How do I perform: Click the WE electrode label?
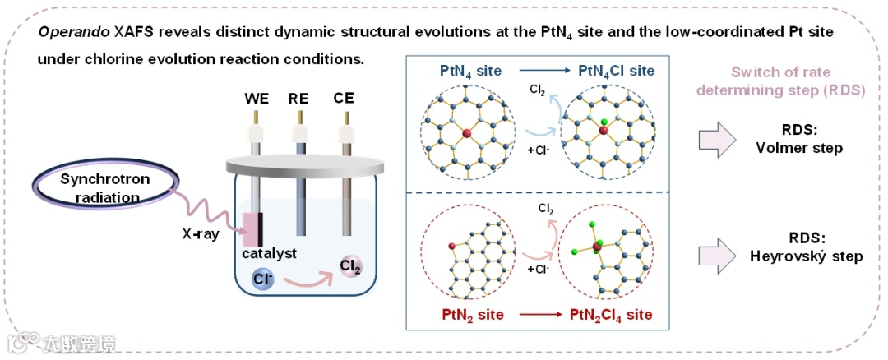click(x=257, y=99)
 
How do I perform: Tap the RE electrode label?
click(x=298, y=99)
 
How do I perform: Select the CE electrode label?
click(x=344, y=99)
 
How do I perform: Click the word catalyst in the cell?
click(x=268, y=253)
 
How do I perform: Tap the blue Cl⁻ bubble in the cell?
click(x=262, y=278)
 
